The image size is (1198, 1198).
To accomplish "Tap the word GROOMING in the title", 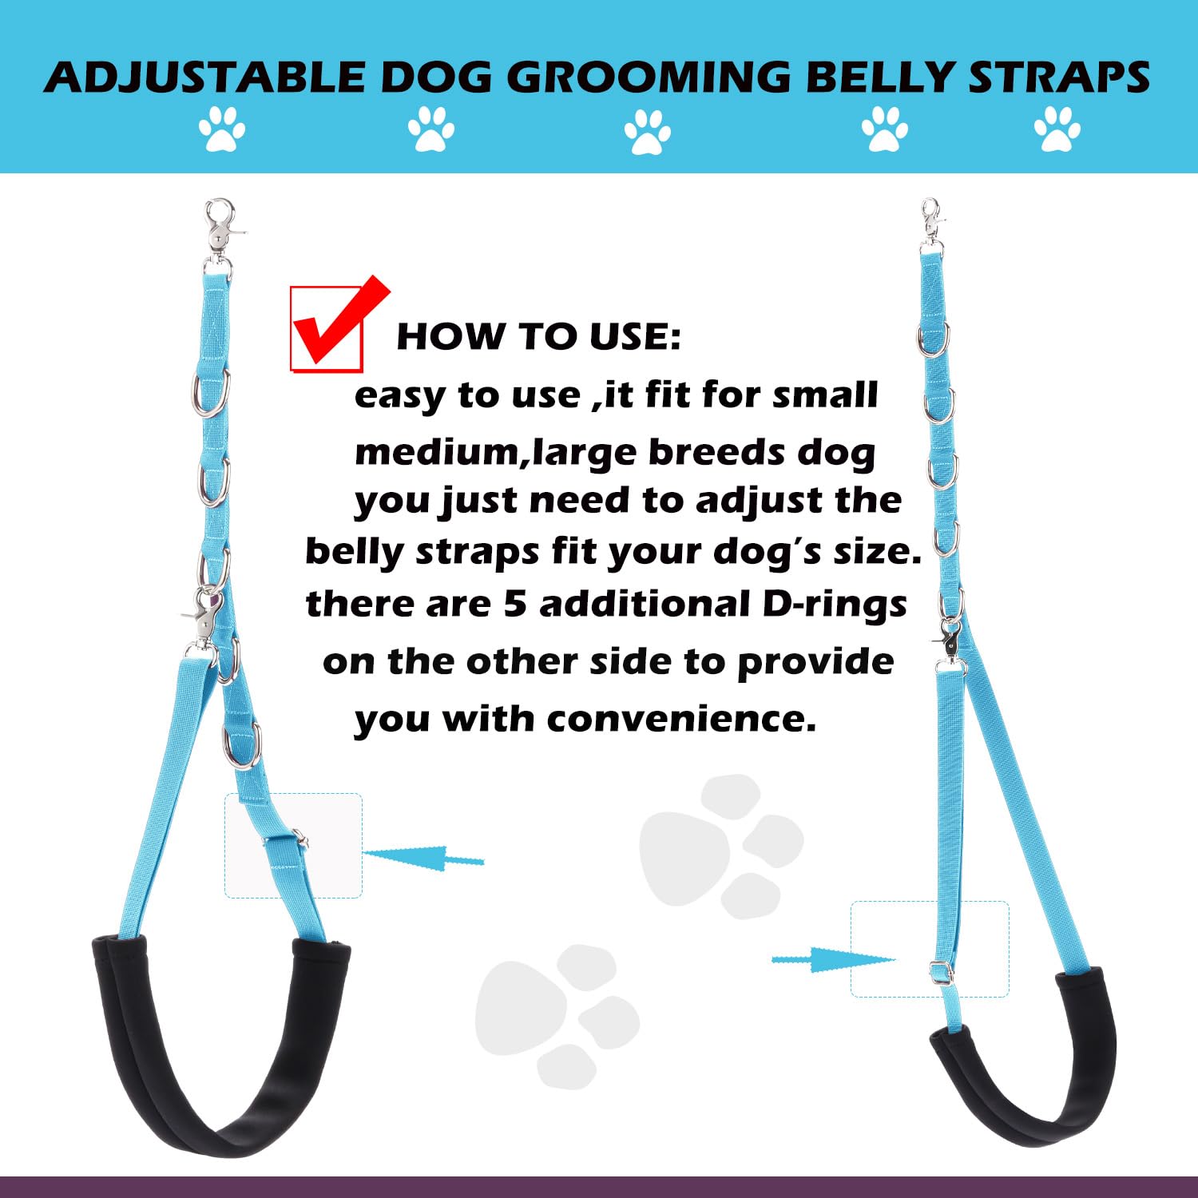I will click(648, 77).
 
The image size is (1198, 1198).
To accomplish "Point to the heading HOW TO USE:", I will click(538, 336).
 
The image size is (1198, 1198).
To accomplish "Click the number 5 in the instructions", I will click(514, 604).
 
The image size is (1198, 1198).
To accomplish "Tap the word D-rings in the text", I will click(834, 604).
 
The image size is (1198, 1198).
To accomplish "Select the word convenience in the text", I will click(682, 718).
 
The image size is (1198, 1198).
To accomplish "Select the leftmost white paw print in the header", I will click(222, 129).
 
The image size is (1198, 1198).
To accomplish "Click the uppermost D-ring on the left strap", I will click(211, 393).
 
